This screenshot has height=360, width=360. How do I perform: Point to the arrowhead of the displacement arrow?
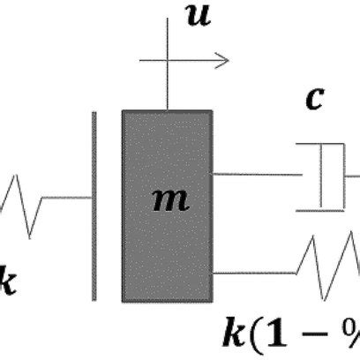pos(224,60)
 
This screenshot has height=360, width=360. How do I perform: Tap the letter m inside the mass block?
pos(169,200)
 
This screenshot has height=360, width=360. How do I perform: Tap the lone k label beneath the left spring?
pos(7,286)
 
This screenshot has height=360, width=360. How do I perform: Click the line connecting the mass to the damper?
pos(256,174)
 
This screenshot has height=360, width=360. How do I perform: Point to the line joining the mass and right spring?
pos(256,274)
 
